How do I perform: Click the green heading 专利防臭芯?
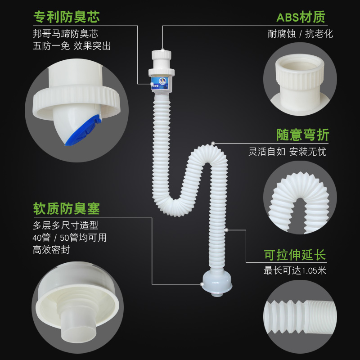tap(66, 17)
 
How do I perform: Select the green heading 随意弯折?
tap(302, 135)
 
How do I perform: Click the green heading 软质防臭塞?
tap(66, 208)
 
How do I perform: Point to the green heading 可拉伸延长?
tap(295, 255)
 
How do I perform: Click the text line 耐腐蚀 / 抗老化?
tap(300, 34)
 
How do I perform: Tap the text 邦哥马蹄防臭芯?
tap(65, 34)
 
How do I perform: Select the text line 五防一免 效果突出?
tap(72, 46)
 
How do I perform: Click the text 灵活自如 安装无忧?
tap(288, 152)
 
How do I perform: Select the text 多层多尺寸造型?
tap(65, 225)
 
